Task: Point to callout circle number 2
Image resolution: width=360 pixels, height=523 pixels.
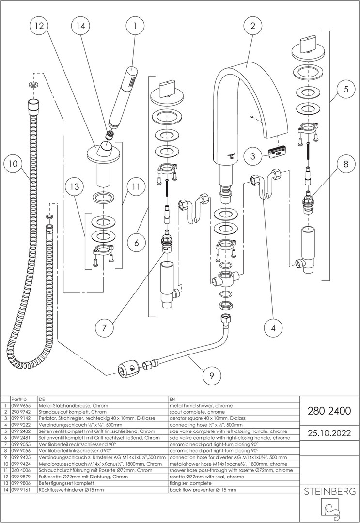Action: click(x=252, y=27)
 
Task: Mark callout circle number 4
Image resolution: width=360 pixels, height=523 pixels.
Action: click(x=274, y=328)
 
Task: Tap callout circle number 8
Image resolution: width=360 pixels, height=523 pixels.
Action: click(x=346, y=164)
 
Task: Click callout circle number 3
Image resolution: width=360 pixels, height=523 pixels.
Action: click(x=252, y=156)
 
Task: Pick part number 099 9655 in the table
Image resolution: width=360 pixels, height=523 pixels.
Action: click(x=21, y=405)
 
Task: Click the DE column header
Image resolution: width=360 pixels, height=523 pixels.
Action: click(x=41, y=399)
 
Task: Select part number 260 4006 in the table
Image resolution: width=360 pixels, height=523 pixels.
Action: click(x=21, y=470)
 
